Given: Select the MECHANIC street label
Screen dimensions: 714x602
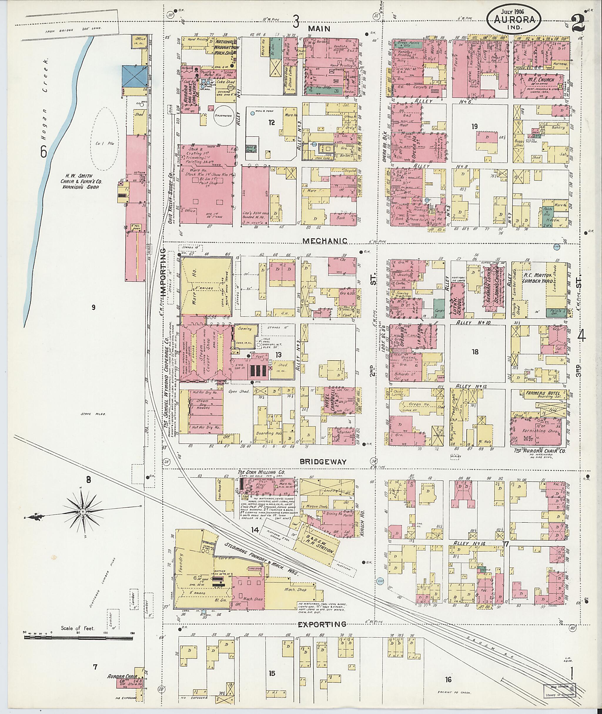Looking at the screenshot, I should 325,241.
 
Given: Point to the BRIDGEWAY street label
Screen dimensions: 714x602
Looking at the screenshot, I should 323,461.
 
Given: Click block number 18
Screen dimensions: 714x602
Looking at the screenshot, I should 475,352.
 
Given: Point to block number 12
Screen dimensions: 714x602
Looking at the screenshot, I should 271,123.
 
